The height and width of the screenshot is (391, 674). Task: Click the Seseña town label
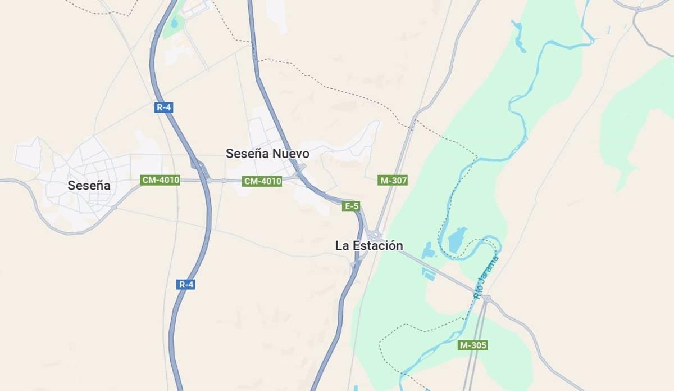89,185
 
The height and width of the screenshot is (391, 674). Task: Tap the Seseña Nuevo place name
267,153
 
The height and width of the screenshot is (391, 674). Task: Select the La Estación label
369,246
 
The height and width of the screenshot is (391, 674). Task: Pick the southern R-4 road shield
186,285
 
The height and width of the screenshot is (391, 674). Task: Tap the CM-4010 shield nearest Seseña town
161,180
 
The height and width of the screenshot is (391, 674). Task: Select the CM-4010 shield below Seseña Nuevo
262,181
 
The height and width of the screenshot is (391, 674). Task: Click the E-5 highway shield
351,206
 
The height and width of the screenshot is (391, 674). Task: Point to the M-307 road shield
393,181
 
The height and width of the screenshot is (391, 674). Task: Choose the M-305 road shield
473,345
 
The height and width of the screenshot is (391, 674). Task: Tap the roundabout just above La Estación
375,235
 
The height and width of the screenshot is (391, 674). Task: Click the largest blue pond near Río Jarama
457,239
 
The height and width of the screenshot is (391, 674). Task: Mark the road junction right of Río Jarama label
486,298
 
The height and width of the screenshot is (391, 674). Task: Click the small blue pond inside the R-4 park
175,24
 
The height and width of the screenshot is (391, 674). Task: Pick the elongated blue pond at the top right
518,36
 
